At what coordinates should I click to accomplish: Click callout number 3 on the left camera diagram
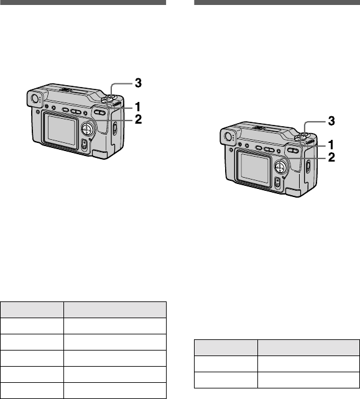[x=138, y=83]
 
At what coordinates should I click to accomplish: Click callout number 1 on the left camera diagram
[x=138, y=107]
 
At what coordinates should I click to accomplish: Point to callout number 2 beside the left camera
[x=138, y=119]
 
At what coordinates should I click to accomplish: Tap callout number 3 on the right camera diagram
[x=331, y=121]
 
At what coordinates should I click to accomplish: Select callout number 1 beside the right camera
[x=331, y=145]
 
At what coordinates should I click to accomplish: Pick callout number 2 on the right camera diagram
[x=331, y=157]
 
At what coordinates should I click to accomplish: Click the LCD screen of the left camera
[x=62, y=131]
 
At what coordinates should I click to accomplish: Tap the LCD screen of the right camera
[x=255, y=168]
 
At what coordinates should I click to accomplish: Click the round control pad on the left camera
[x=87, y=129]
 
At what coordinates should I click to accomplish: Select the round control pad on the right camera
[x=280, y=167]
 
